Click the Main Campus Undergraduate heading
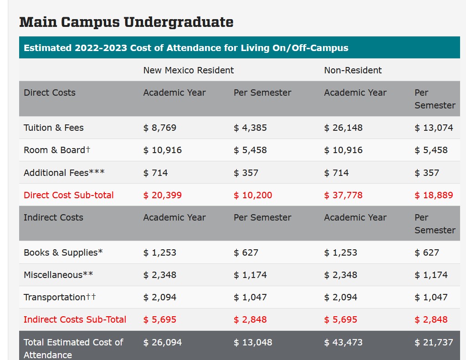pyautogui.click(x=126, y=22)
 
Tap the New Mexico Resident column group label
pyautogui.click(x=188, y=70)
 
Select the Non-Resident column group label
pyautogui.click(x=353, y=70)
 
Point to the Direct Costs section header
pyautogui.click(x=50, y=93)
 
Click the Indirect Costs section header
pyautogui.click(x=53, y=217)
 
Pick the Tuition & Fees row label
pyautogui.click(x=54, y=128)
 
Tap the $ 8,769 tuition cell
pyautogui.click(x=160, y=128)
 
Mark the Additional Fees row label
pyautogui.click(x=64, y=173)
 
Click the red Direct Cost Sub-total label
pyautogui.click(x=69, y=195)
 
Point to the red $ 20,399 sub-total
pyautogui.click(x=162, y=195)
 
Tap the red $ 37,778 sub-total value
pyautogui.click(x=343, y=195)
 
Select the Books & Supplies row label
pyautogui.click(x=63, y=252)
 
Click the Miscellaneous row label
pyautogui.click(x=58, y=275)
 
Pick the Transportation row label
pyautogui.click(x=60, y=297)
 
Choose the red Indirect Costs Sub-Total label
pyautogui.click(x=75, y=319)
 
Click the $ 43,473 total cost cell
pyautogui.click(x=343, y=342)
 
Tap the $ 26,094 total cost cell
pyautogui.click(x=162, y=342)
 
